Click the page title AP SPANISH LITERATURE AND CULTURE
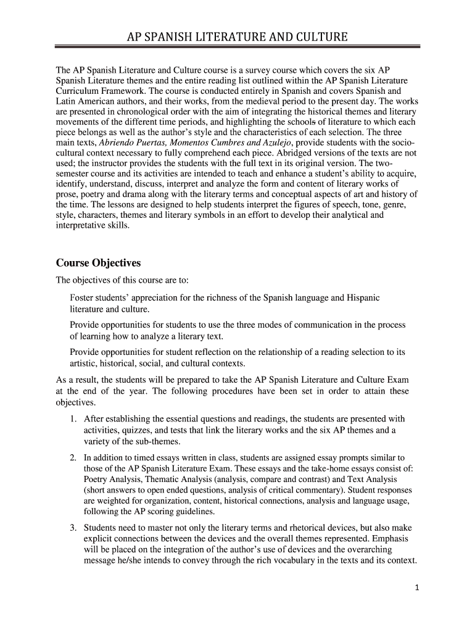tap(237, 38)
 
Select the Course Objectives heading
tap(98, 263)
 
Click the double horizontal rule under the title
tap(237, 46)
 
